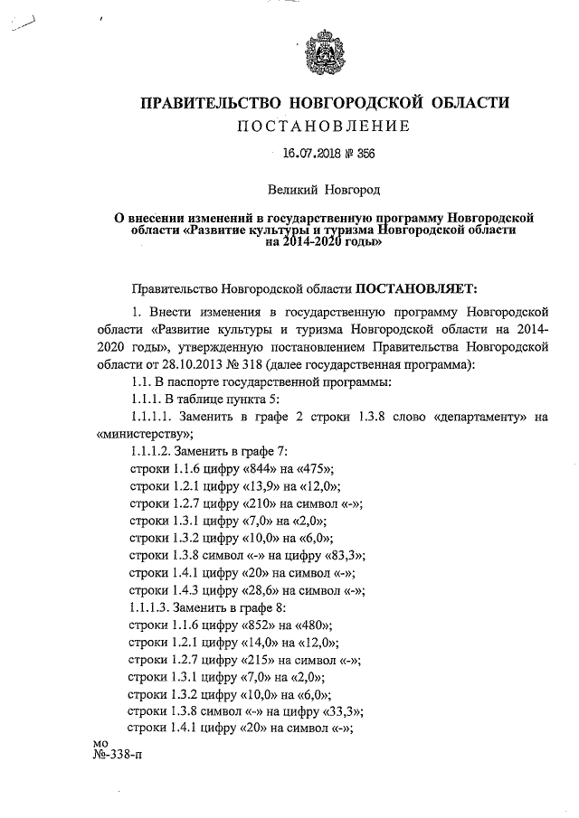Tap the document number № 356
coord(358,155)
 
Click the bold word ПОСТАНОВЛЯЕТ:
coord(414,288)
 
